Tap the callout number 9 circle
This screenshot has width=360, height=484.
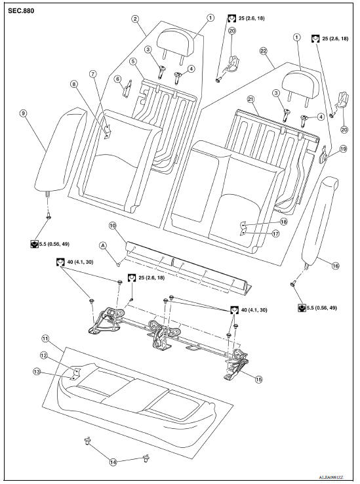pyautogui.click(x=23, y=113)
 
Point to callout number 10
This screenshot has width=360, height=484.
pyautogui.click(x=112, y=225)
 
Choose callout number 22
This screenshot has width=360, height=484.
pyautogui.click(x=263, y=50)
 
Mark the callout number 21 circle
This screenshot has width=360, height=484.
pyautogui.click(x=250, y=98)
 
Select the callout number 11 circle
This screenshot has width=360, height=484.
pyautogui.click(x=45, y=338)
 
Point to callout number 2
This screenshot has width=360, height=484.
pyautogui.click(x=134, y=19)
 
